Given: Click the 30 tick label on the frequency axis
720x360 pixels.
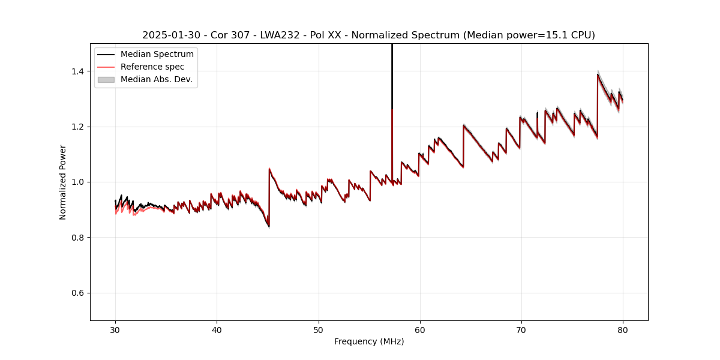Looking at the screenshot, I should [x=115, y=329].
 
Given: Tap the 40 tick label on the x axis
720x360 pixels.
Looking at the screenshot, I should [x=217, y=329].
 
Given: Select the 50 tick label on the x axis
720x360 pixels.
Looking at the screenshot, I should [x=318, y=329].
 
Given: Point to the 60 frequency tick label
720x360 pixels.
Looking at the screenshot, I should [x=419, y=329].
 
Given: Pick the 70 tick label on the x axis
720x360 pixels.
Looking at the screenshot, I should [x=521, y=329].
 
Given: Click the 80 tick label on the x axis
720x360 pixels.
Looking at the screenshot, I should [x=622, y=329].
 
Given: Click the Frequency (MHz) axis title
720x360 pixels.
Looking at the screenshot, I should [x=369, y=341].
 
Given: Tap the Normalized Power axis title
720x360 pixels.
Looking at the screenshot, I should [x=63, y=182].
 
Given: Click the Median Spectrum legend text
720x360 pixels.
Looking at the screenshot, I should [x=157, y=55].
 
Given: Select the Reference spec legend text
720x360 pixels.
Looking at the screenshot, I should [x=152, y=67].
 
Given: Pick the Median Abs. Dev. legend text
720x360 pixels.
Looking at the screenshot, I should [x=156, y=79].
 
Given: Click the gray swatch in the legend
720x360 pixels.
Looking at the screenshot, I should [x=106, y=79].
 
